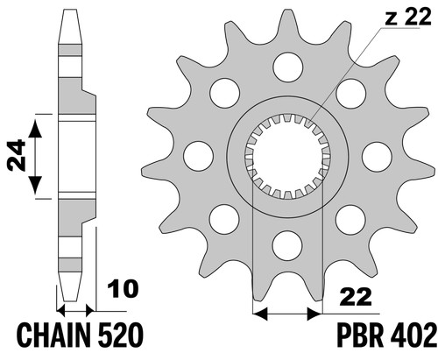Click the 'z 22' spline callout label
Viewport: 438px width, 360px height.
tap(408, 17)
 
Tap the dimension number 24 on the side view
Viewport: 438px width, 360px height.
tap(17, 155)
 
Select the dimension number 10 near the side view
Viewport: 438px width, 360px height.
tap(123, 289)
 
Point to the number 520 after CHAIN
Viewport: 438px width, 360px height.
tap(121, 335)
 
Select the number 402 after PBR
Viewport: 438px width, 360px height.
tap(413, 335)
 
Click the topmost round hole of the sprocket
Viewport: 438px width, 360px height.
tap(287, 67)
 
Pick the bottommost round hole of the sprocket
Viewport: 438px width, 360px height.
tap(287, 245)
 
